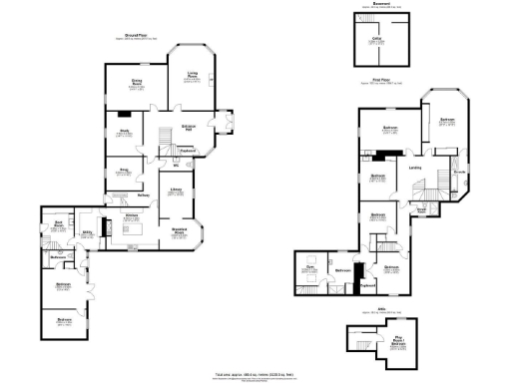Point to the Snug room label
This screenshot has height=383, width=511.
[x=125, y=169]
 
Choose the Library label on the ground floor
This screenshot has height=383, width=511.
[x=176, y=191]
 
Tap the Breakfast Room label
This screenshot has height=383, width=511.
[x=181, y=234]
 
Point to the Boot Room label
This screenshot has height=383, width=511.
[x=59, y=222]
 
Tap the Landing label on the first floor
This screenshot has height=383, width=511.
[x=415, y=167]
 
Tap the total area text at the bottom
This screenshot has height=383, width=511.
[x=255, y=375]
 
